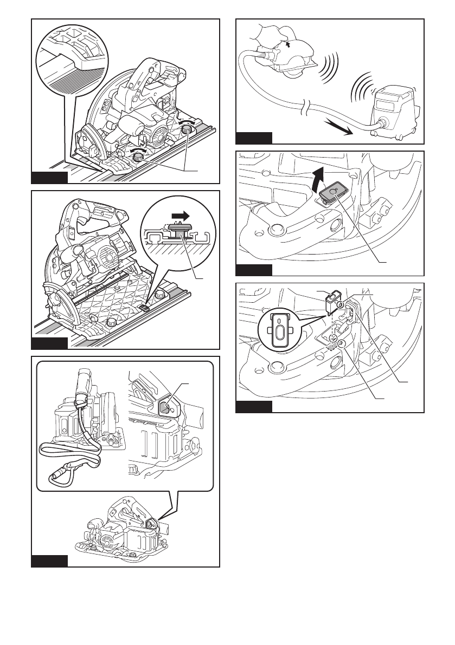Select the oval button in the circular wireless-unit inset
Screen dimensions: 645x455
click(x=280, y=330)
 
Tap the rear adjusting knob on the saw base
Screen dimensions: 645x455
click(x=189, y=129)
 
